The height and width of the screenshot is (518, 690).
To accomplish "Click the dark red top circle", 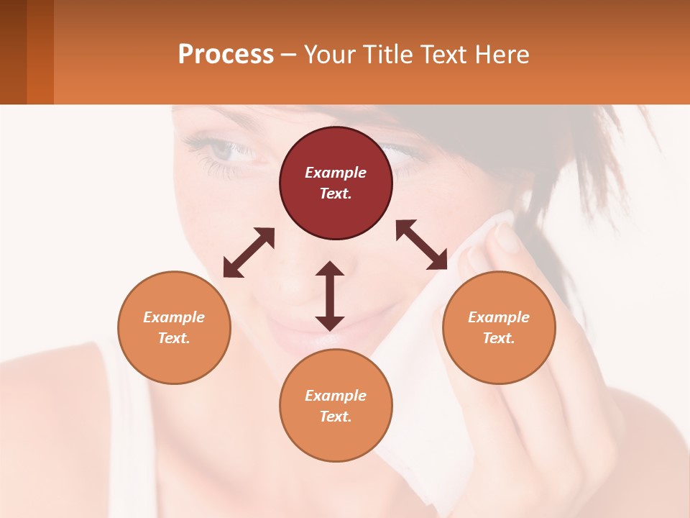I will point(336,183).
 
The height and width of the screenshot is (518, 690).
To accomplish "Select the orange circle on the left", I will point(174,327).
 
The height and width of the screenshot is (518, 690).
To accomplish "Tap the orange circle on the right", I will point(499,327).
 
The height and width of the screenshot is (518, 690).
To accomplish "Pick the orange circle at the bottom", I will point(336,405).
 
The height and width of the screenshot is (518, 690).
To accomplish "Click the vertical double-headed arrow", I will point(330,296).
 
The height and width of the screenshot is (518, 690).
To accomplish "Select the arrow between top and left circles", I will point(249,253).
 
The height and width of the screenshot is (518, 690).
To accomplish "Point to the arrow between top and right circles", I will point(422,245).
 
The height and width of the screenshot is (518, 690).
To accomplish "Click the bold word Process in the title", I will point(226,54).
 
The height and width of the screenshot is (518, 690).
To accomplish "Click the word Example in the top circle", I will point(336,173).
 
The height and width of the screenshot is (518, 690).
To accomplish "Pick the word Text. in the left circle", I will point(174,338).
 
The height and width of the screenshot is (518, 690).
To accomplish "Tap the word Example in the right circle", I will point(499,317).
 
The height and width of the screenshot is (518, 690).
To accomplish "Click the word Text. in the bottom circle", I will point(336,417).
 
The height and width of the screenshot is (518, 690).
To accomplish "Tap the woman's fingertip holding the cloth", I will point(507,238).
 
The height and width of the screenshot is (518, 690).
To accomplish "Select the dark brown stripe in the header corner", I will point(13,52).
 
